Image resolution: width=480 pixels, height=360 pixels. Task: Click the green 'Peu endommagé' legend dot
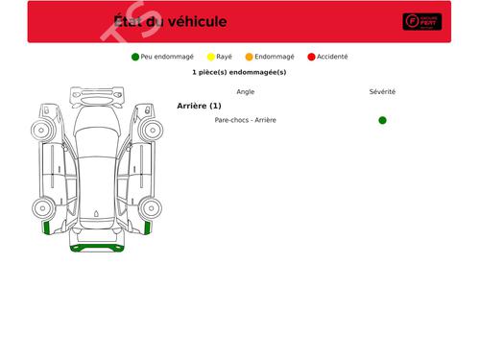(135, 57)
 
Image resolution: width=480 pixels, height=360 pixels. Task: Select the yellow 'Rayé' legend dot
(211, 57)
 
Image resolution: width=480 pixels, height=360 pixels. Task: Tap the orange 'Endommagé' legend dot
(250, 57)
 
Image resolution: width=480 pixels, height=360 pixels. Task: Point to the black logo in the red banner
(421, 22)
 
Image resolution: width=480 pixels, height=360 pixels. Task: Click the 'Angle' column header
(245, 92)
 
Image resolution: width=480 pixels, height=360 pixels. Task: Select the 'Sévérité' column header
(382, 92)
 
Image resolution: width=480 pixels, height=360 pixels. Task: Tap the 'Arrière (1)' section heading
(199, 106)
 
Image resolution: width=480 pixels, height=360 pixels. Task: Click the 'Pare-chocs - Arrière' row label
(245, 120)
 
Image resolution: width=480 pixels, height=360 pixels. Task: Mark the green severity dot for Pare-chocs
(382, 120)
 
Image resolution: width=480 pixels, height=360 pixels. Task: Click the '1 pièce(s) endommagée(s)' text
(239, 72)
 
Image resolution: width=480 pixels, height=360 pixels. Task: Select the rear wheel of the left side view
(42, 206)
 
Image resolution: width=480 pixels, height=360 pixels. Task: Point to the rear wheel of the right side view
(151, 206)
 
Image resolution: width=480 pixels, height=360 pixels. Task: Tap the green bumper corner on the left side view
(46, 228)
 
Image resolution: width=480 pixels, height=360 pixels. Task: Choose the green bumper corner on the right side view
(148, 228)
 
